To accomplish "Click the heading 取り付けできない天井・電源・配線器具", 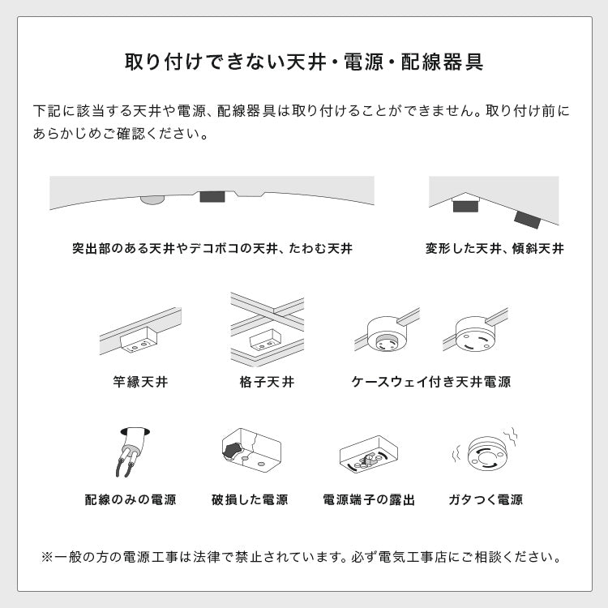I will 304,62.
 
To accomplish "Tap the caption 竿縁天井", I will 141,381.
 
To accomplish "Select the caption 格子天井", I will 267,381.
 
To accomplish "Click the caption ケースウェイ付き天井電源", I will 430,381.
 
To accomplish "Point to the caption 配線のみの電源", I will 131,499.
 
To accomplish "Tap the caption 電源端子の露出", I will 369,499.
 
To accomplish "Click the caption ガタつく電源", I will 486,499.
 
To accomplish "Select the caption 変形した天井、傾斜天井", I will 495,248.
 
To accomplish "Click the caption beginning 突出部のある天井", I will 212,248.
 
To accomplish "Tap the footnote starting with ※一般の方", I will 303,558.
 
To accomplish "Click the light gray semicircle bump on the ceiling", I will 151,199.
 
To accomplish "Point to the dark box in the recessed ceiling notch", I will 212,197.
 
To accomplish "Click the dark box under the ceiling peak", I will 465,206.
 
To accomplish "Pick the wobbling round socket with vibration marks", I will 486,454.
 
